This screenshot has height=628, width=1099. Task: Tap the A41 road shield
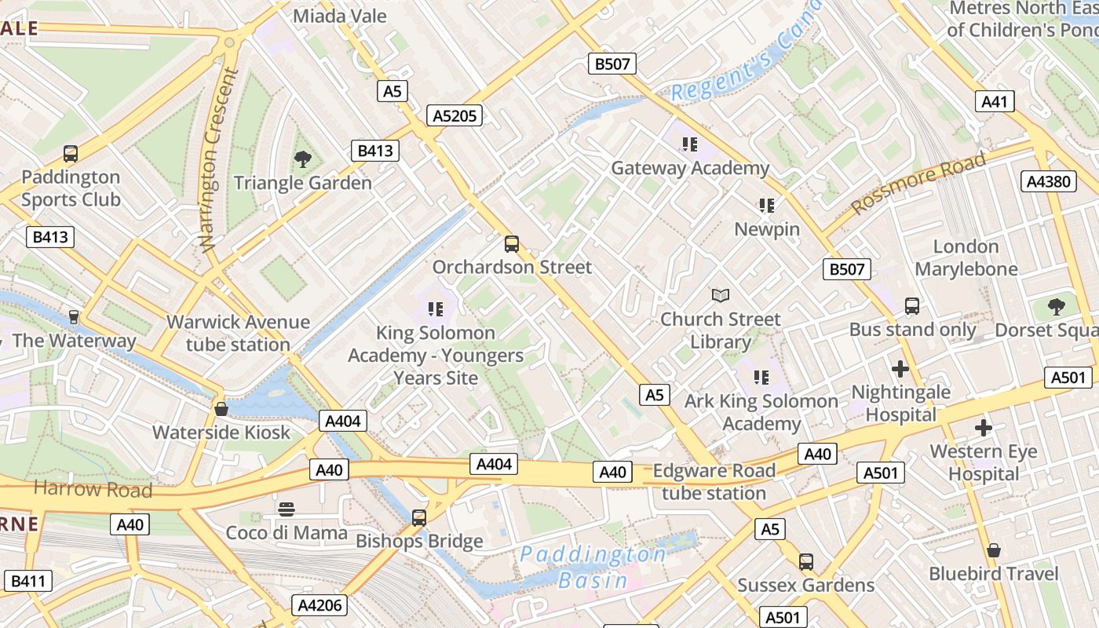coord(995,101)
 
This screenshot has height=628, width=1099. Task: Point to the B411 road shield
coord(28,582)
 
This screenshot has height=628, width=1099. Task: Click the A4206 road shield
coord(319,605)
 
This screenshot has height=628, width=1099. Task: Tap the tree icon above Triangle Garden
coord(302,160)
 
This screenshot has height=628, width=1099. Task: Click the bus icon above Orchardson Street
coord(512,244)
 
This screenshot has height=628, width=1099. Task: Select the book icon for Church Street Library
coord(720,296)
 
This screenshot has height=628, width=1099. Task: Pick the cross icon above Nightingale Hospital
coord(900,368)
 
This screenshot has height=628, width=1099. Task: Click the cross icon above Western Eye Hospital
coord(983,428)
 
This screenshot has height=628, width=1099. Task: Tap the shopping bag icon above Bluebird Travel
coord(994,550)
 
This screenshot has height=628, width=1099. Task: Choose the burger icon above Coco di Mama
coord(287,509)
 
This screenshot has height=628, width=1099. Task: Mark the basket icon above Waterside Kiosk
coord(221,409)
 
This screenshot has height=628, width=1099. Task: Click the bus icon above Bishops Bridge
coord(419,518)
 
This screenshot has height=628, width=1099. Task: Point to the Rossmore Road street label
coord(918,184)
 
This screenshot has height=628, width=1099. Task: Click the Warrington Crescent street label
coord(219,161)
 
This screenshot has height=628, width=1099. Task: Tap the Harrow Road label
coord(93,490)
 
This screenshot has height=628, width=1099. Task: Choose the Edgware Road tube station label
coord(714,482)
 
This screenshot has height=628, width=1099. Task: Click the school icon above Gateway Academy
coord(689,144)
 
